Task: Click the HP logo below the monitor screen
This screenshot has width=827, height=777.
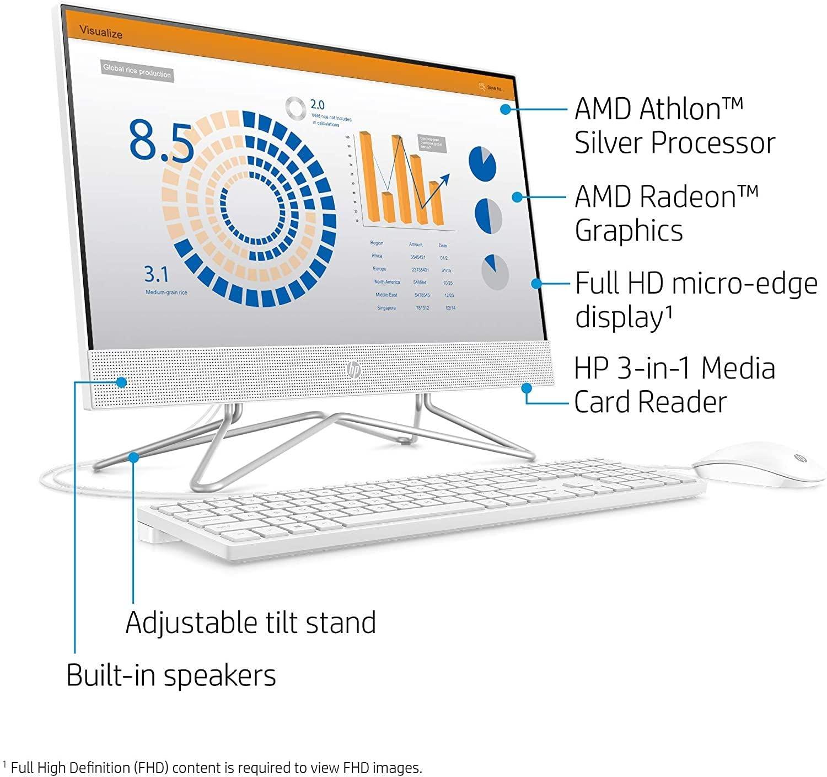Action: (x=353, y=370)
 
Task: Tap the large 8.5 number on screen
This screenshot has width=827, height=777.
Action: (x=161, y=142)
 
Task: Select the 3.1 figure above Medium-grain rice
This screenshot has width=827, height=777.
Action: (x=156, y=274)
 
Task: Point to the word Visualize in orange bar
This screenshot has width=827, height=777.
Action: (x=101, y=32)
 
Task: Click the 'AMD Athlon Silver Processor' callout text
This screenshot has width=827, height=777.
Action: (x=674, y=125)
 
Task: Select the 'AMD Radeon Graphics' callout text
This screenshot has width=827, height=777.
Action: (x=666, y=213)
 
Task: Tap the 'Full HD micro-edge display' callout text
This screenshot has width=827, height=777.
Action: (x=695, y=300)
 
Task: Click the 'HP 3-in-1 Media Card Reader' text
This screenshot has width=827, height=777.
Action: (x=674, y=385)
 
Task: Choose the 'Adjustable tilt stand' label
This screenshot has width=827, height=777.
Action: (x=250, y=622)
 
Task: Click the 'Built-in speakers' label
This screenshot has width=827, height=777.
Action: (x=171, y=675)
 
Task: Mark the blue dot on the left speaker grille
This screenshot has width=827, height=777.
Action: (x=121, y=382)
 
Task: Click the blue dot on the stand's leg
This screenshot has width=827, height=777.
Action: (x=133, y=456)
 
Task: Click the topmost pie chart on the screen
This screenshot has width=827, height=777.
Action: (x=482, y=163)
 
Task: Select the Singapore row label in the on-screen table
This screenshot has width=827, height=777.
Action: (x=386, y=308)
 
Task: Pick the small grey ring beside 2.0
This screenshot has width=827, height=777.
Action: (x=296, y=108)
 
